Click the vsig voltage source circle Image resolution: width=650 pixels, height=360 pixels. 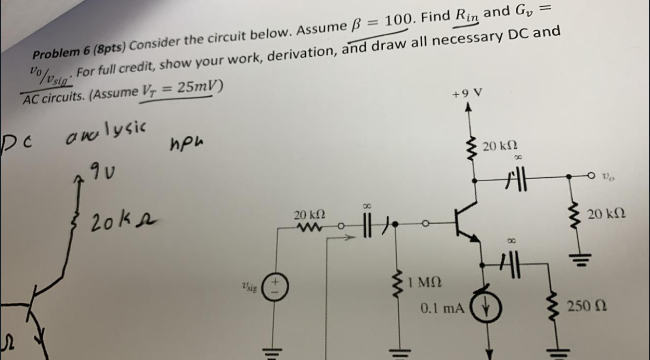click(x=275, y=287)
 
